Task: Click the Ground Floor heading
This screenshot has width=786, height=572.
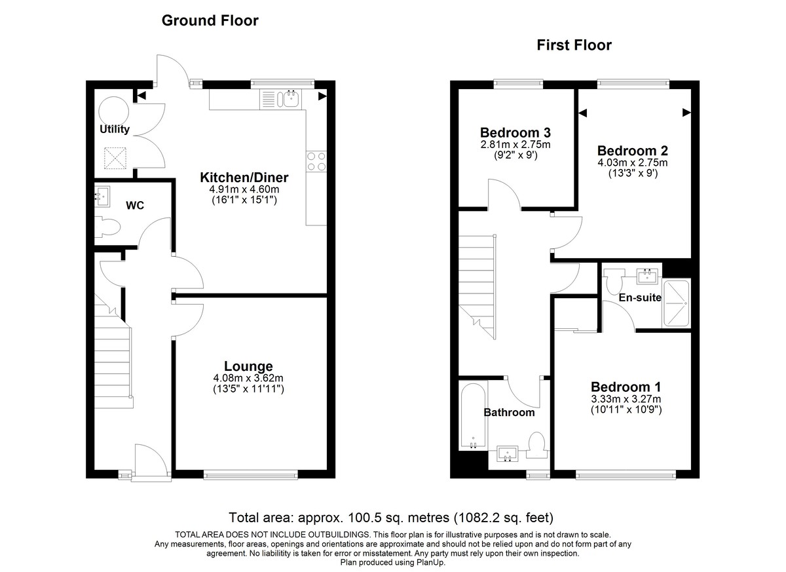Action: point(210,21)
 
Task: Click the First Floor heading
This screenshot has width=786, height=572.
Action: point(574,45)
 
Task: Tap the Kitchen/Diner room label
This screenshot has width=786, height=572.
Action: point(244,178)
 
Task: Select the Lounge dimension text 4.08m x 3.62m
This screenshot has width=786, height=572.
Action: point(248,378)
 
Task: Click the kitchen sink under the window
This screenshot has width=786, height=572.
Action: point(288,100)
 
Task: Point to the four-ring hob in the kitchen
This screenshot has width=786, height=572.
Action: point(316,161)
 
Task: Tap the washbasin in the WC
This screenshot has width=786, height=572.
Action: point(103,195)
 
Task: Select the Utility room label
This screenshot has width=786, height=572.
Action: point(115,129)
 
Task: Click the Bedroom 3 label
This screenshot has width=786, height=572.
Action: point(514,131)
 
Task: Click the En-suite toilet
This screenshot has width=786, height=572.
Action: point(614,282)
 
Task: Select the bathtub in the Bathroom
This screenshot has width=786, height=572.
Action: point(472,417)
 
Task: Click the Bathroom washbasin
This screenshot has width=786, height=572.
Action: point(508,453)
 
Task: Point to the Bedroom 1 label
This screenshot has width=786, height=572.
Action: point(626,387)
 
